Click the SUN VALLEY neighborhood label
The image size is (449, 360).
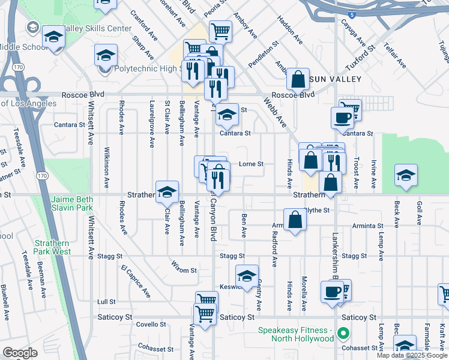[337, 79]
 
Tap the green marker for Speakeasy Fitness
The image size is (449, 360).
[343, 332]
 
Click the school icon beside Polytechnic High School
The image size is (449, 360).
[106, 56]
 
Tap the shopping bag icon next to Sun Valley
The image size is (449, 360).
[298, 78]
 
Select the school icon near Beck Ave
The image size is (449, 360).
[406, 175]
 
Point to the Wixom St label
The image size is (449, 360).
[184, 266]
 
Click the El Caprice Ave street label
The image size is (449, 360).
[136, 281]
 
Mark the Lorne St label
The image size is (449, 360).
[252, 164]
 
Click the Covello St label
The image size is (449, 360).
[151, 324]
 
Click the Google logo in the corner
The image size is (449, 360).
[20, 353]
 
